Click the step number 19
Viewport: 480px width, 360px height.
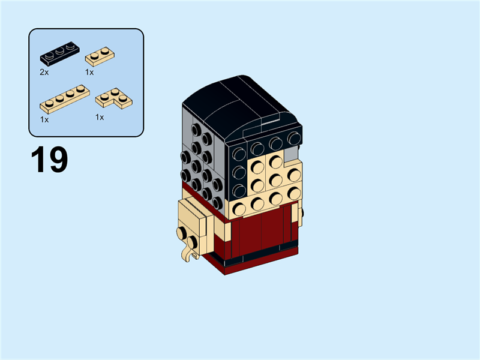point(49,160)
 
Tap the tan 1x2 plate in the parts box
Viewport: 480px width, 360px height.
point(100,56)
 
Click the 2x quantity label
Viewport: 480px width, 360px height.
point(44,71)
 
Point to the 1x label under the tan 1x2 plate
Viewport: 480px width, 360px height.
point(89,71)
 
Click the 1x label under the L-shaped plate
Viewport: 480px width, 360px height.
point(100,117)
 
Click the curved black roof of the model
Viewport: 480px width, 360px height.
point(240,102)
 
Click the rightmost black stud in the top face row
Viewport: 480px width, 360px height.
point(292,139)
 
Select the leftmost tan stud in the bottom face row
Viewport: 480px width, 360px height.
point(240,209)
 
